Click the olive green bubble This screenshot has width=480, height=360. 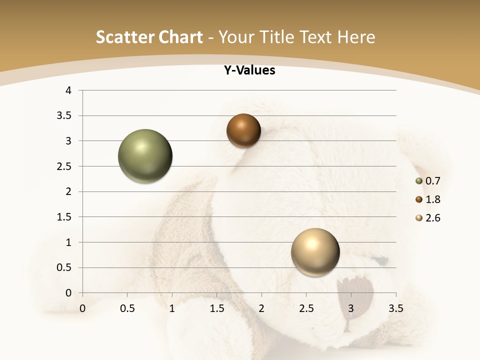pyautogui.click(x=145, y=156)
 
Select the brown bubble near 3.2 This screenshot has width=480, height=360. pyautogui.click(x=243, y=131)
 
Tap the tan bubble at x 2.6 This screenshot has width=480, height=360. pyautogui.click(x=315, y=252)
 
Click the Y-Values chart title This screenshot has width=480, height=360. pyautogui.click(x=249, y=70)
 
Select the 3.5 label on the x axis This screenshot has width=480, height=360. pyautogui.click(x=395, y=308)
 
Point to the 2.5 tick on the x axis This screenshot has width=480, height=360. pyautogui.click(x=306, y=308)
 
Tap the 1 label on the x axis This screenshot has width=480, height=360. pyautogui.click(x=172, y=308)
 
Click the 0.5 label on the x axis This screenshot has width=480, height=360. pyautogui.click(x=127, y=308)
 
